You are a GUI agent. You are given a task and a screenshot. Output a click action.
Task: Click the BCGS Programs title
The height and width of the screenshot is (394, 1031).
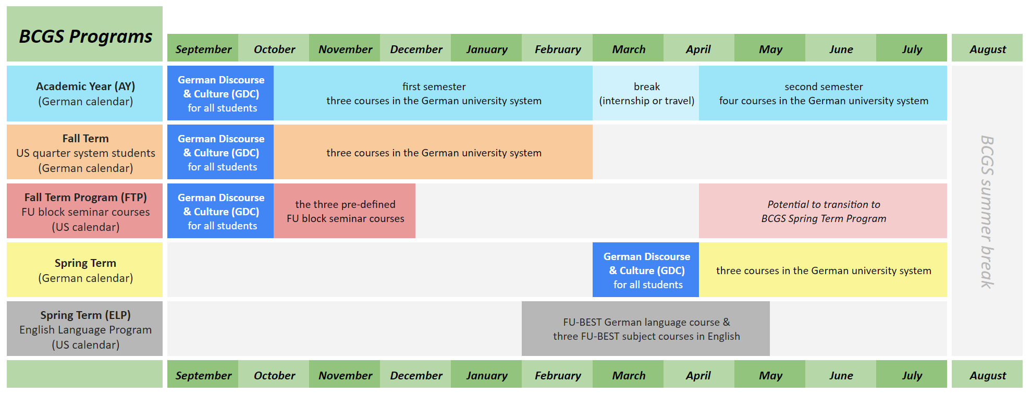(85, 36)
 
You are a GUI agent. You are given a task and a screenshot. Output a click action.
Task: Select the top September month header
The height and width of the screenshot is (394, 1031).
(203, 49)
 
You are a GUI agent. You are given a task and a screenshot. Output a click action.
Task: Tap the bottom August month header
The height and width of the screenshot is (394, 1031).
(987, 375)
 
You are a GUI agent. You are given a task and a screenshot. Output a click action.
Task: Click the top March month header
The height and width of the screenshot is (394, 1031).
(628, 49)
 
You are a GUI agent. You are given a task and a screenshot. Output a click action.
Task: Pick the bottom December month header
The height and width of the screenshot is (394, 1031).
(415, 375)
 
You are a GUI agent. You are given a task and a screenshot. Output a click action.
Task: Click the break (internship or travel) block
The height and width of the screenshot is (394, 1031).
(646, 94)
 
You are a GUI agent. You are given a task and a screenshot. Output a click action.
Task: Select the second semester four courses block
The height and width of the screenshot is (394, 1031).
(823, 94)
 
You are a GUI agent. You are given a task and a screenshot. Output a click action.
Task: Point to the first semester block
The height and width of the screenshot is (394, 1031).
(433, 94)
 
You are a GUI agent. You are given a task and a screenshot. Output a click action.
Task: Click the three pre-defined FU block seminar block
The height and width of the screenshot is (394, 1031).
(345, 211)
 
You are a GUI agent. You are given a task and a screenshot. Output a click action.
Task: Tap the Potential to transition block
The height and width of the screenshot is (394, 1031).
(823, 211)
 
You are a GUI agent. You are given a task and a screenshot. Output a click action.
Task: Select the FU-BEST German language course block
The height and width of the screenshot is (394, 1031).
(646, 329)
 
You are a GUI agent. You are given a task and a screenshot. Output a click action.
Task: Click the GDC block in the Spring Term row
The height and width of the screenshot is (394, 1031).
(646, 270)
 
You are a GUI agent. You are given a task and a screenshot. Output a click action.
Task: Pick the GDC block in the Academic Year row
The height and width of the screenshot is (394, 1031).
(220, 94)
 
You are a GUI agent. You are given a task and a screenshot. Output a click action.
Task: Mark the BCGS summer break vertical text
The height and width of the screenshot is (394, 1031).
(987, 211)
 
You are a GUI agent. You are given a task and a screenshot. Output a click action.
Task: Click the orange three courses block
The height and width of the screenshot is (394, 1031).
(433, 153)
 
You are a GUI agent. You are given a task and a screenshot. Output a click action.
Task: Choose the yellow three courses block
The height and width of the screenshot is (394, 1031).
(823, 270)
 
